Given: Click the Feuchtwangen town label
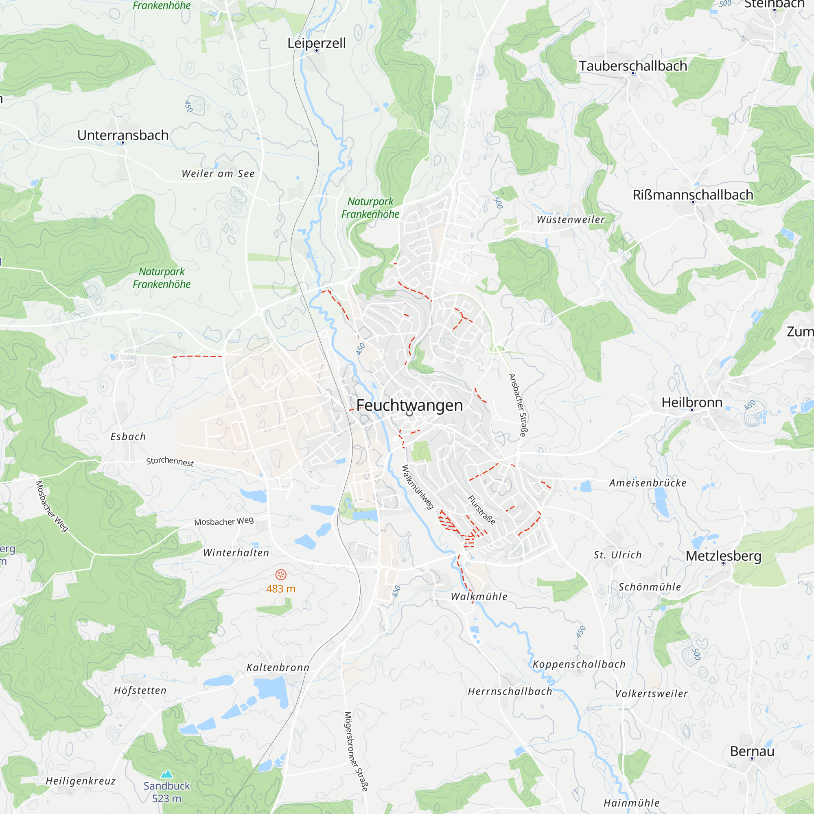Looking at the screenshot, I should pyautogui.click(x=409, y=405).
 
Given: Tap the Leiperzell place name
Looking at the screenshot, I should pyautogui.click(x=316, y=43).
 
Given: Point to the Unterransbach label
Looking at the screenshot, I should pyautogui.click(x=123, y=135).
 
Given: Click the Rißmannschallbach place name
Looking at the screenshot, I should pyautogui.click(x=693, y=195).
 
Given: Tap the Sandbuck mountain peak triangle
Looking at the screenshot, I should pyautogui.click(x=167, y=774).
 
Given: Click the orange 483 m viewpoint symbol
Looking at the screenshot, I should pyautogui.click(x=281, y=575).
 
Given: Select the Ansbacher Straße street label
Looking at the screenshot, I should pyautogui.click(x=518, y=405).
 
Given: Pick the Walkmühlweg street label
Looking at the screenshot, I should pyautogui.click(x=418, y=487).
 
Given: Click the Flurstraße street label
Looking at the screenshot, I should pyautogui.click(x=481, y=510).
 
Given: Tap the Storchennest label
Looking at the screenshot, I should pyautogui.click(x=170, y=462).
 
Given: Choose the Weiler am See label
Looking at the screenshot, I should pyautogui.click(x=218, y=174).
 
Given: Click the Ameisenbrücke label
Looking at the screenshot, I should pyautogui.click(x=648, y=483).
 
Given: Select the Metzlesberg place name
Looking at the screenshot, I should pyautogui.click(x=723, y=556).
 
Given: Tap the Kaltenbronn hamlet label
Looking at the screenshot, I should pyautogui.click(x=278, y=667).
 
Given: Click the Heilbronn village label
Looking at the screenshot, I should pyautogui.click(x=692, y=402).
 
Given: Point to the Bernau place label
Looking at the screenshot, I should pyautogui.click(x=752, y=751).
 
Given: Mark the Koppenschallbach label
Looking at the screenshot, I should pyautogui.click(x=579, y=664).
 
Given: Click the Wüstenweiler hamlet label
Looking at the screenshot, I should pyautogui.click(x=571, y=219).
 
